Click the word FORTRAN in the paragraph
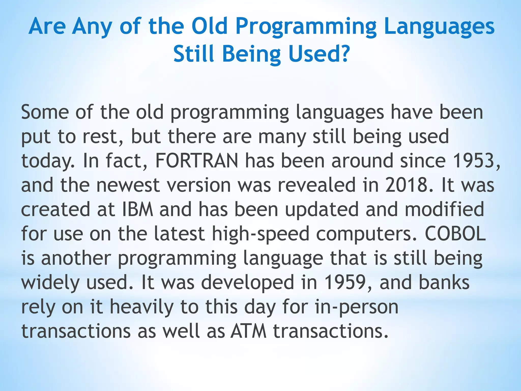(197, 161)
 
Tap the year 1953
(473, 161)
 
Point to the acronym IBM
(138, 210)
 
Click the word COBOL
(455, 234)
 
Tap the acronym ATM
(248, 331)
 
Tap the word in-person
(356, 307)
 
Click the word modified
(444, 210)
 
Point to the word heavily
(141, 307)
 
